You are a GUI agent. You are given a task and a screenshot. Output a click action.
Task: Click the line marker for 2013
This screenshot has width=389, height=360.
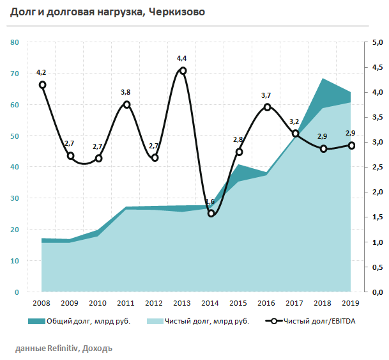click(x=183, y=71)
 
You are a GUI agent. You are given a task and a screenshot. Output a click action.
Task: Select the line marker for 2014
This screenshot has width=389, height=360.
click(x=211, y=214)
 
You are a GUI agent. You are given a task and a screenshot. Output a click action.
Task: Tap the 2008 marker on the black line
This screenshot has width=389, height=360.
click(x=42, y=84)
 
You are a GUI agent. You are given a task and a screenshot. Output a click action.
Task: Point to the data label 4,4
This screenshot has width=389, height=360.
click(x=182, y=59)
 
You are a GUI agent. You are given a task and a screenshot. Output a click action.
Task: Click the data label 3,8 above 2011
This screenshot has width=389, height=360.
click(x=126, y=93)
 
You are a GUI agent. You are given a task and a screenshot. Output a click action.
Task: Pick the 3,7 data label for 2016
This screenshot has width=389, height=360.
click(x=266, y=95)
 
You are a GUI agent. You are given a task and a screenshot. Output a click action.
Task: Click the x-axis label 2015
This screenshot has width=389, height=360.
click(x=239, y=303)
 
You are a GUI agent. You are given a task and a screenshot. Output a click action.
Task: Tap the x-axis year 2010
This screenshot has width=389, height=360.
click(x=98, y=303)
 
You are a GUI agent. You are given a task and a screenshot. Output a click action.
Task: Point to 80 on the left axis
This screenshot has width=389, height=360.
click(x=15, y=42)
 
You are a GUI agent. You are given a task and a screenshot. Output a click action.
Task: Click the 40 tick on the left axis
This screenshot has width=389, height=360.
click(x=15, y=167)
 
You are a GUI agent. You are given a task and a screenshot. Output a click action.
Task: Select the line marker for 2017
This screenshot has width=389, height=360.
click(x=295, y=134)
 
